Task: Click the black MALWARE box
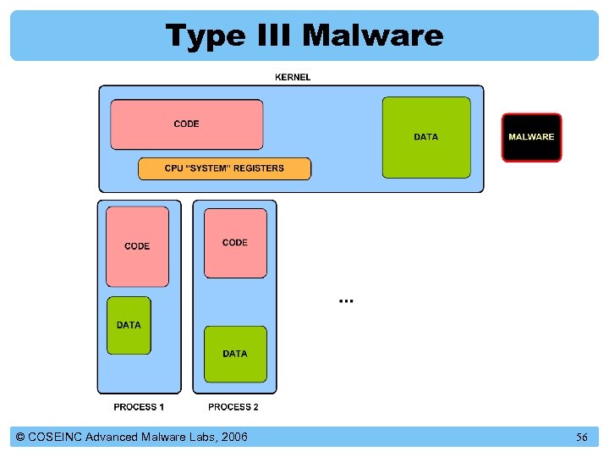point(531,137)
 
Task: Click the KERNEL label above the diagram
point(293,77)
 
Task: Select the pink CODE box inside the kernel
point(186,124)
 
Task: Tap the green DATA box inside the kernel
point(426,137)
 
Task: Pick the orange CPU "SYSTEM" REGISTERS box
point(224,168)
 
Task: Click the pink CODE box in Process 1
point(137,246)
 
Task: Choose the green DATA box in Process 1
point(129,325)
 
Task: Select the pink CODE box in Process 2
point(235,243)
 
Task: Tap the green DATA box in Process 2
point(235,354)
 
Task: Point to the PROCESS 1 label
point(139,407)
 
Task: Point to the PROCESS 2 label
point(233,407)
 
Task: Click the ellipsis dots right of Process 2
point(346,300)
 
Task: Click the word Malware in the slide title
point(372,36)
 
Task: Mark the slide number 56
point(582,438)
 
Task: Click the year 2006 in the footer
point(231,437)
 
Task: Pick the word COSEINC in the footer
point(56,437)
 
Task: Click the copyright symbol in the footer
point(20,437)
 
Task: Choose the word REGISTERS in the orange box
point(258,168)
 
